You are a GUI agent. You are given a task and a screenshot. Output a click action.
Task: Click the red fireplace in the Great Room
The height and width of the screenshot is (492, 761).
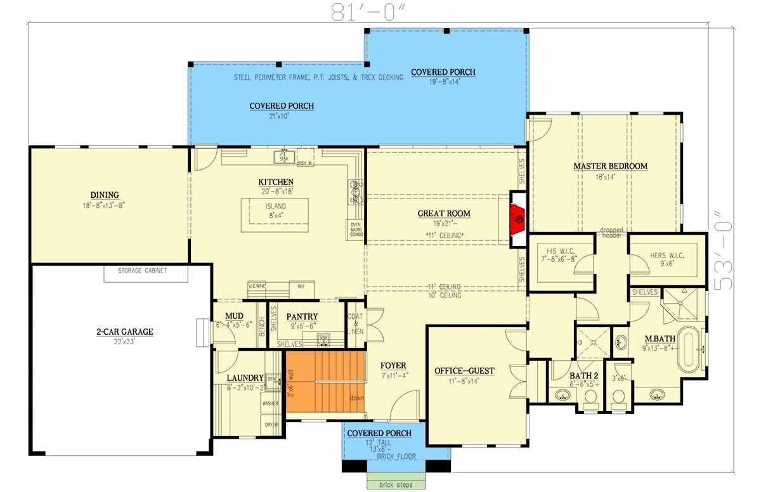(518, 219)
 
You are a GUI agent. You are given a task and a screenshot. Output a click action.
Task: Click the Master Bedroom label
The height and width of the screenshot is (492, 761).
(610, 166)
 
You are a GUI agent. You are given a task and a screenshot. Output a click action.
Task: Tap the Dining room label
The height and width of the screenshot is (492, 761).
(105, 195)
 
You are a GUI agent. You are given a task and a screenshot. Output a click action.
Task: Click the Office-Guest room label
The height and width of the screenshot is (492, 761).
(464, 370)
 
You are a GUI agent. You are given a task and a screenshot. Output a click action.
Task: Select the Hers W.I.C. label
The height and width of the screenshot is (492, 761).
(667, 256)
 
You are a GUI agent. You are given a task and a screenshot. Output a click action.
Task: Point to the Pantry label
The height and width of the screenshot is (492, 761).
(302, 316)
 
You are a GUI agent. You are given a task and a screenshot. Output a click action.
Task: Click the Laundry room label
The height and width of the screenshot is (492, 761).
(245, 378)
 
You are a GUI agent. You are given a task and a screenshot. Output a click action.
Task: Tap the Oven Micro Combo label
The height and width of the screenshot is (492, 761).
(355, 230)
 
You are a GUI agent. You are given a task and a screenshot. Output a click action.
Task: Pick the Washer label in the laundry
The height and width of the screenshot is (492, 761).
(270, 403)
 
